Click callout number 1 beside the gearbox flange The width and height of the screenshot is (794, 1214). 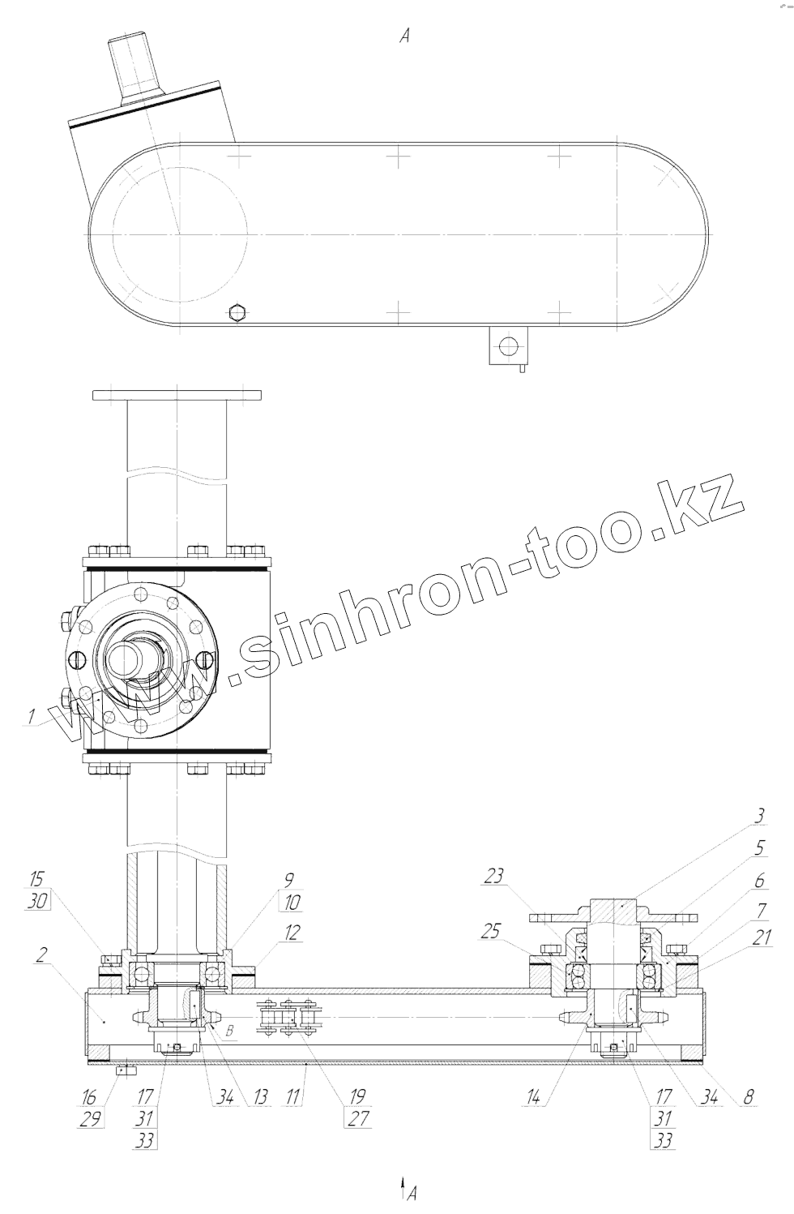click(32, 716)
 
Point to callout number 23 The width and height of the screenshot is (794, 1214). click(493, 875)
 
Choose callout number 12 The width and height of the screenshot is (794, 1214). click(290, 932)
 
